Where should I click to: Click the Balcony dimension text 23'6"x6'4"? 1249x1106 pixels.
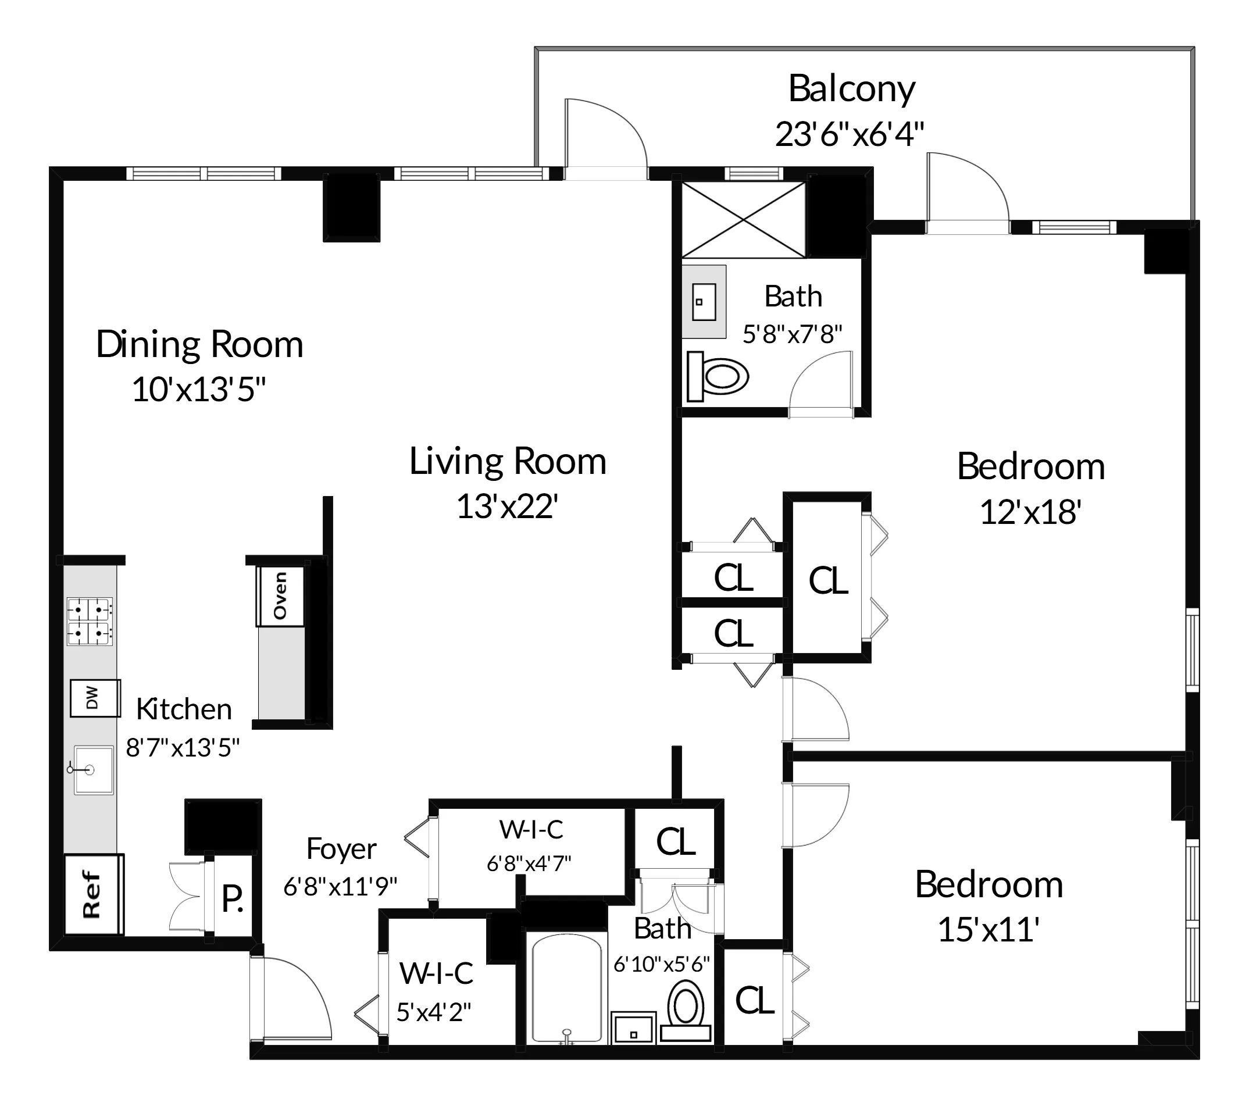(x=850, y=134)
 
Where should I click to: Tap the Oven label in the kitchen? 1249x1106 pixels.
(x=280, y=596)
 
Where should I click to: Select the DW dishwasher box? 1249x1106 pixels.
(x=95, y=698)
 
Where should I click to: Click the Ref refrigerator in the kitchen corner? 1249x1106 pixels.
(x=94, y=895)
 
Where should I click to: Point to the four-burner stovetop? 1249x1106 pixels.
(x=90, y=622)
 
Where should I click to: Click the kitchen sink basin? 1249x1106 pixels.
(x=93, y=769)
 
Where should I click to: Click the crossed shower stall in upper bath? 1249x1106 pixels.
(x=743, y=219)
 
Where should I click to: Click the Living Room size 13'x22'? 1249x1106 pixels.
(x=507, y=506)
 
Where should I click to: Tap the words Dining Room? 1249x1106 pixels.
(x=200, y=345)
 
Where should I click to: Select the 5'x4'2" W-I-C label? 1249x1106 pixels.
(x=434, y=1012)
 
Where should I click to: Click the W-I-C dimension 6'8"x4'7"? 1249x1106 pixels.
(x=529, y=864)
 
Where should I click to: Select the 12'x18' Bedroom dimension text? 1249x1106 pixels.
(x=1031, y=512)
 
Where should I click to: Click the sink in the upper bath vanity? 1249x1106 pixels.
(x=704, y=301)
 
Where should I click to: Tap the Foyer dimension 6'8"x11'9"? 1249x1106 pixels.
(x=340, y=886)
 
